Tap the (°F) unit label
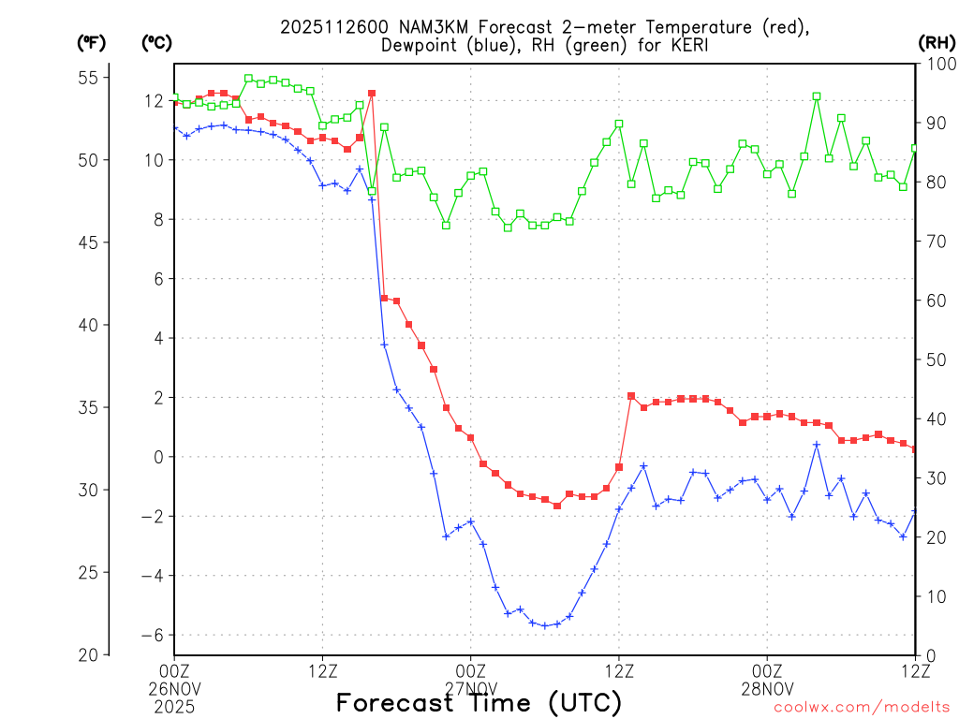[92, 43]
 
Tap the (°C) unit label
[157, 43]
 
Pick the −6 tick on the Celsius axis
[153, 635]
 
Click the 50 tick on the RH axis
[937, 359]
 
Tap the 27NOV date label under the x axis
[470, 688]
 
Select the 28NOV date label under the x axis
[767, 688]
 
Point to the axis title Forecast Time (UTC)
[479, 702]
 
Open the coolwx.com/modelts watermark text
[861, 707]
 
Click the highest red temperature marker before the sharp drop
[372, 94]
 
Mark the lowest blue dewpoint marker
[545, 625]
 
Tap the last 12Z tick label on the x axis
[914, 670]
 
